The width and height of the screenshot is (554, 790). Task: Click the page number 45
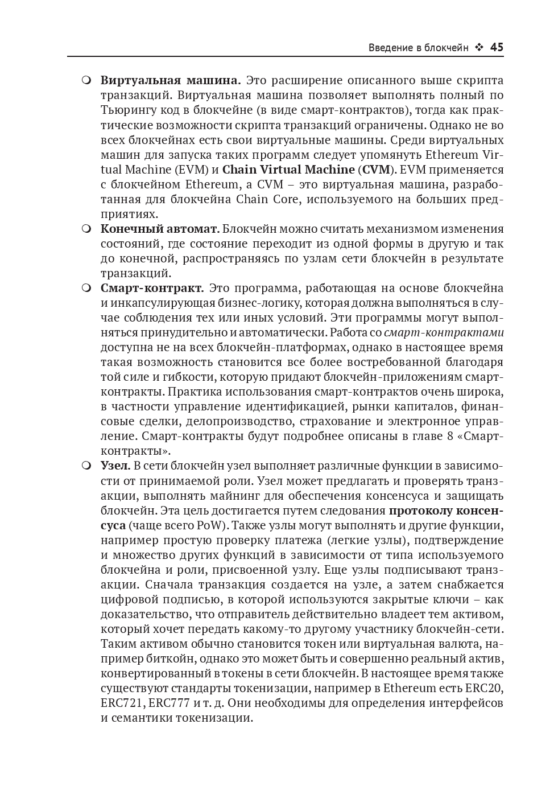tap(497, 47)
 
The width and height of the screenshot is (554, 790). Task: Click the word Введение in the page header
tap(390, 48)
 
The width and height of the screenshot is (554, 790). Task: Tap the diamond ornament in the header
tap(479, 47)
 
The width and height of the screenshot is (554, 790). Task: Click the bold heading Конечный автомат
tap(160, 229)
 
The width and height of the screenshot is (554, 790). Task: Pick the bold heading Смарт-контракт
tap(152, 288)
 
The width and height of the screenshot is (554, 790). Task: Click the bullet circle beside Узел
tap(86, 466)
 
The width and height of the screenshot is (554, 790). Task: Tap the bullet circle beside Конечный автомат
tap(86, 229)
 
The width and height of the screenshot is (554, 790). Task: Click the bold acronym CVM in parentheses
tap(377, 170)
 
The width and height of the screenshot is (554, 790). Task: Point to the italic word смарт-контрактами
tap(444, 332)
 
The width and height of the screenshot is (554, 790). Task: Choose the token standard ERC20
tap(484, 688)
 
